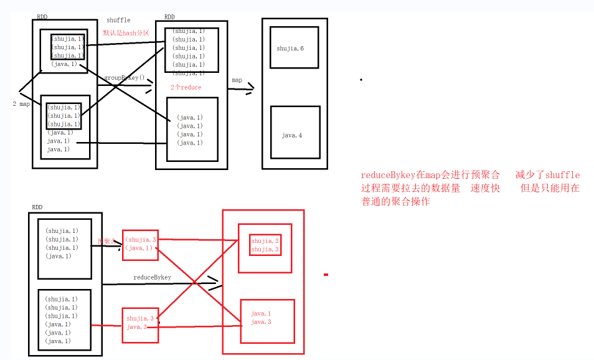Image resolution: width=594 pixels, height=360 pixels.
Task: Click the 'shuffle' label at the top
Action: point(119,21)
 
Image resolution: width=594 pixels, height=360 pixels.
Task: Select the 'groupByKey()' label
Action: point(124,78)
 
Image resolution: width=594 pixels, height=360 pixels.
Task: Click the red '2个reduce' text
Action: point(186,88)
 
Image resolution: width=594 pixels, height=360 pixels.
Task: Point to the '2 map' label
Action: point(21,104)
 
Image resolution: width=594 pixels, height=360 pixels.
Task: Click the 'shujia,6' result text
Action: point(290,48)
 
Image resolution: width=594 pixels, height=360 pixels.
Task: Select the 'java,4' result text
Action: point(291,135)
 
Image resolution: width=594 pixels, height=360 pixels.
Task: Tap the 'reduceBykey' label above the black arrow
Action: point(152,277)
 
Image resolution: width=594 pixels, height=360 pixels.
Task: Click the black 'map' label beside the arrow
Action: point(237,80)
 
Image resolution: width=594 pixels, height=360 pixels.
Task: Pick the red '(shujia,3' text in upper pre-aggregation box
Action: point(140,239)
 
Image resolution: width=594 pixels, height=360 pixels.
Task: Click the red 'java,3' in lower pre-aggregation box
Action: point(137,326)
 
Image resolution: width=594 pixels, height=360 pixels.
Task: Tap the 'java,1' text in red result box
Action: point(261,313)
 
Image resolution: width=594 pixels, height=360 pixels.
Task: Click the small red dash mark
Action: point(326,274)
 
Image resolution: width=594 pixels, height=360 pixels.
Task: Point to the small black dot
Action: point(361,80)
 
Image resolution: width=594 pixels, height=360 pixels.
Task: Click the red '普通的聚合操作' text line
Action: point(395,202)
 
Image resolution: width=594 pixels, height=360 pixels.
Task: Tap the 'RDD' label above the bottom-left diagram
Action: point(37,206)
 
